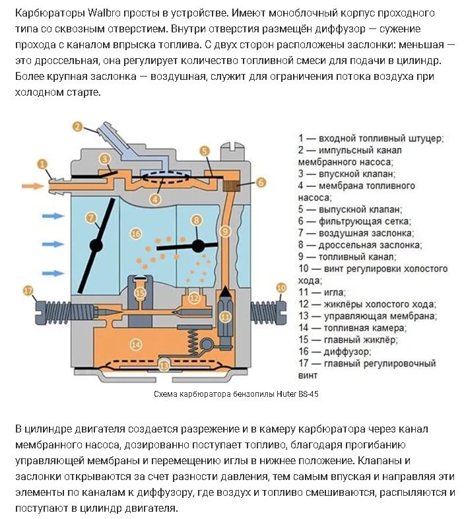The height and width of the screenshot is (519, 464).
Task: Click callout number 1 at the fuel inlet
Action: tap(43, 164)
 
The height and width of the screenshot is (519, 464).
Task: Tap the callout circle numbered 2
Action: tap(78, 127)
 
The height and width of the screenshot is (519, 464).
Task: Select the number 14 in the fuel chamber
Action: tap(136, 344)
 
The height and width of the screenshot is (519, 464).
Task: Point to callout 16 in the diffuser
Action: tap(136, 234)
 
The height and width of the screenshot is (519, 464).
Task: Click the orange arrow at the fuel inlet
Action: tap(31, 186)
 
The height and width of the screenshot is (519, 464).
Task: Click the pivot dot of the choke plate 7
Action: tap(96, 245)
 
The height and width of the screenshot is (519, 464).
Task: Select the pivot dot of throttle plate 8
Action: tap(197, 246)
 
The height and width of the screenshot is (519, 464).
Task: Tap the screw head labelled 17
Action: tap(28, 290)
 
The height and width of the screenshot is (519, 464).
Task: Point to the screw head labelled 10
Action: tap(282, 288)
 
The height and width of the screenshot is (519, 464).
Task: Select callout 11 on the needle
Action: tap(225, 316)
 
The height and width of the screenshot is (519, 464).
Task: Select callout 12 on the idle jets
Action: tap(193, 298)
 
